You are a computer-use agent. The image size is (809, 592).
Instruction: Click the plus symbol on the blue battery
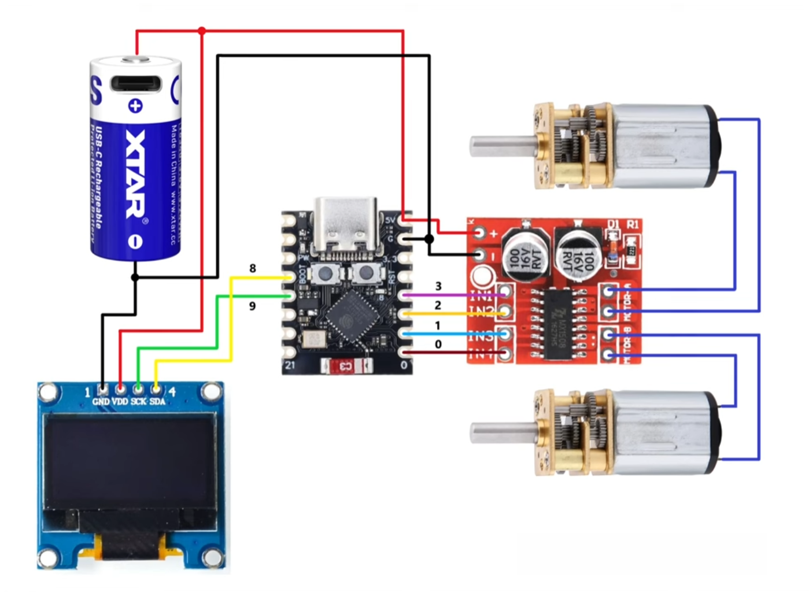135,106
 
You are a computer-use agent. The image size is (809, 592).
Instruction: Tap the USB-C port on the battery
136,83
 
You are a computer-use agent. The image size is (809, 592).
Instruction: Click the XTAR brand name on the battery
136,173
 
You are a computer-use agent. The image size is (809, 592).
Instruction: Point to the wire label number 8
253,268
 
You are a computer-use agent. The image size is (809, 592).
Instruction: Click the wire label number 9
252,306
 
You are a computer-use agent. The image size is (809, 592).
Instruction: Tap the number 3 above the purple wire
438,286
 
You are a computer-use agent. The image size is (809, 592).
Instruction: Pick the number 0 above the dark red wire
438,345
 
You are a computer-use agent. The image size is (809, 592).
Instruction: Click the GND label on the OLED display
101,402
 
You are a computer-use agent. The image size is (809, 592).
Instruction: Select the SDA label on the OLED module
157,402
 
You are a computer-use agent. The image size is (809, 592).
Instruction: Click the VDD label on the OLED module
120,402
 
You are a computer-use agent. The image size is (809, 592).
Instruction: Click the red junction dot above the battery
201,31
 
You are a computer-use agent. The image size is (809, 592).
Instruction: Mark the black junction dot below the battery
135,277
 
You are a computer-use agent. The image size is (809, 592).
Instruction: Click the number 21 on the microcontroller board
290,365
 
